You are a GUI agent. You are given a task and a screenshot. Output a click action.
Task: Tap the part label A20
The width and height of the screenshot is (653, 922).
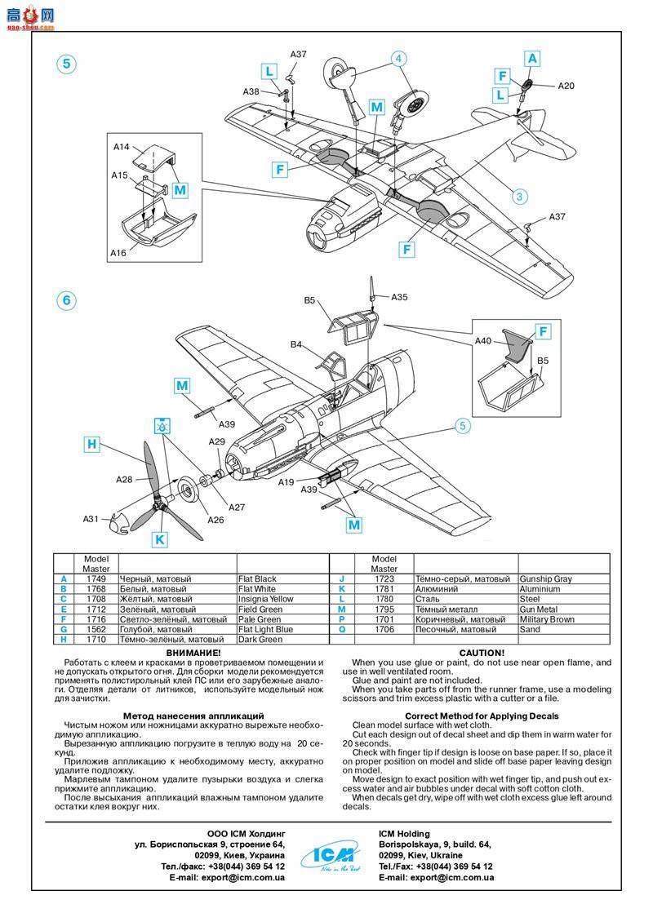(x=566, y=86)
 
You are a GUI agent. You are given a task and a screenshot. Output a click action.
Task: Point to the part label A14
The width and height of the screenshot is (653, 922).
(x=121, y=147)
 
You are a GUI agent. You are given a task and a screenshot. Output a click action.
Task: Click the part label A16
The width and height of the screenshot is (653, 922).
(x=118, y=253)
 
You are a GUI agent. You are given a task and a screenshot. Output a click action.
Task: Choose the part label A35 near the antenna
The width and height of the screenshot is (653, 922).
(x=399, y=297)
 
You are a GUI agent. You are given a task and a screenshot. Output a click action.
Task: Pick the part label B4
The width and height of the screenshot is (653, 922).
(x=296, y=344)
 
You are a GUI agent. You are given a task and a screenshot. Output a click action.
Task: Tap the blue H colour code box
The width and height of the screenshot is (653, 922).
(x=92, y=444)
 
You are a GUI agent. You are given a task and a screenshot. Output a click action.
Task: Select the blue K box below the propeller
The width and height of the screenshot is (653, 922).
(x=160, y=539)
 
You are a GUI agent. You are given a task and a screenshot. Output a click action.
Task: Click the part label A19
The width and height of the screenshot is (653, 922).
(x=286, y=481)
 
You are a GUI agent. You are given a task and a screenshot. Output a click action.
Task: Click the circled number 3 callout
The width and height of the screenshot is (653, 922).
(x=521, y=196)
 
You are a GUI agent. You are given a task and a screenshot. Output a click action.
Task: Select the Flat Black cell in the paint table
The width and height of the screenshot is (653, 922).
(x=258, y=578)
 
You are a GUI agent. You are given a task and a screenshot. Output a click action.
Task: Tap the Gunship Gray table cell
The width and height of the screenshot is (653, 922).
(x=546, y=578)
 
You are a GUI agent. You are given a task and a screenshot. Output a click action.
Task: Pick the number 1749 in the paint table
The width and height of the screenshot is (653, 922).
(x=96, y=578)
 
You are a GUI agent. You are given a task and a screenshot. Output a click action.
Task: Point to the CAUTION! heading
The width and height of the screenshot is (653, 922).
(x=482, y=654)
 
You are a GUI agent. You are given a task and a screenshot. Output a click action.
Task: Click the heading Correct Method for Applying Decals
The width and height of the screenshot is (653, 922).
(x=482, y=716)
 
